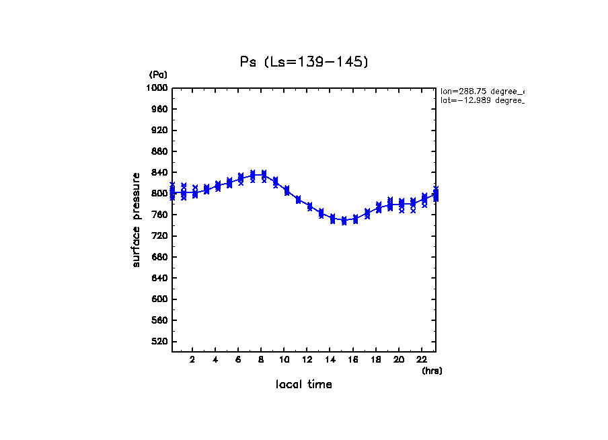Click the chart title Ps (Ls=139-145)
[304, 62]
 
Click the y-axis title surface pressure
[137, 219]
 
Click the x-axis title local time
[303, 385]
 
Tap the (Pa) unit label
[158, 75]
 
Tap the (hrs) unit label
[432, 371]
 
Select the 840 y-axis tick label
[159, 173]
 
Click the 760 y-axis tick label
[159, 215]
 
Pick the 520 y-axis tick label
[159, 342]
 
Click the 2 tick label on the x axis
[192, 359]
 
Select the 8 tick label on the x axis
[261, 359]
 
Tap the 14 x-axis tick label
[330, 359]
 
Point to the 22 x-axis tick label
[421, 359]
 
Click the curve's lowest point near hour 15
[344, 221]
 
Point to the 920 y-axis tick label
[159, 131]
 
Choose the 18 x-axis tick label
[375, 359]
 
